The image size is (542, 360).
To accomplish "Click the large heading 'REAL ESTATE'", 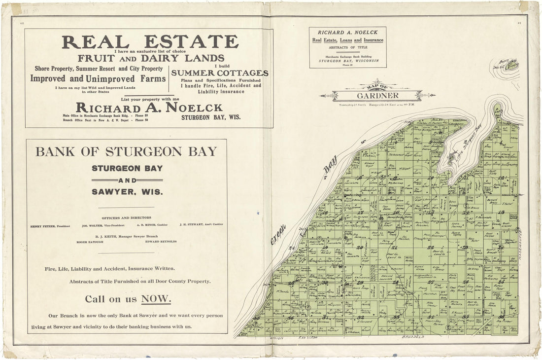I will [x=150, y=42].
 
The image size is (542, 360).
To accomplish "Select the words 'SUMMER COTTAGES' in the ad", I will [x=220, y=73].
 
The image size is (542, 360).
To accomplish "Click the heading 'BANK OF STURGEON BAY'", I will [x=127, y=151].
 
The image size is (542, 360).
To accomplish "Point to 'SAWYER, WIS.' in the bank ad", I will [x=127, y=191].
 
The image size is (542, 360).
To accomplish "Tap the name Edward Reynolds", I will [x=161, y=242].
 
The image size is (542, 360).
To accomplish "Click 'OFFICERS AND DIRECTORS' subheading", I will [x=127, y=217].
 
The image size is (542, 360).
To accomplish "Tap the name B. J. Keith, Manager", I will [x=127, y=236].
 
